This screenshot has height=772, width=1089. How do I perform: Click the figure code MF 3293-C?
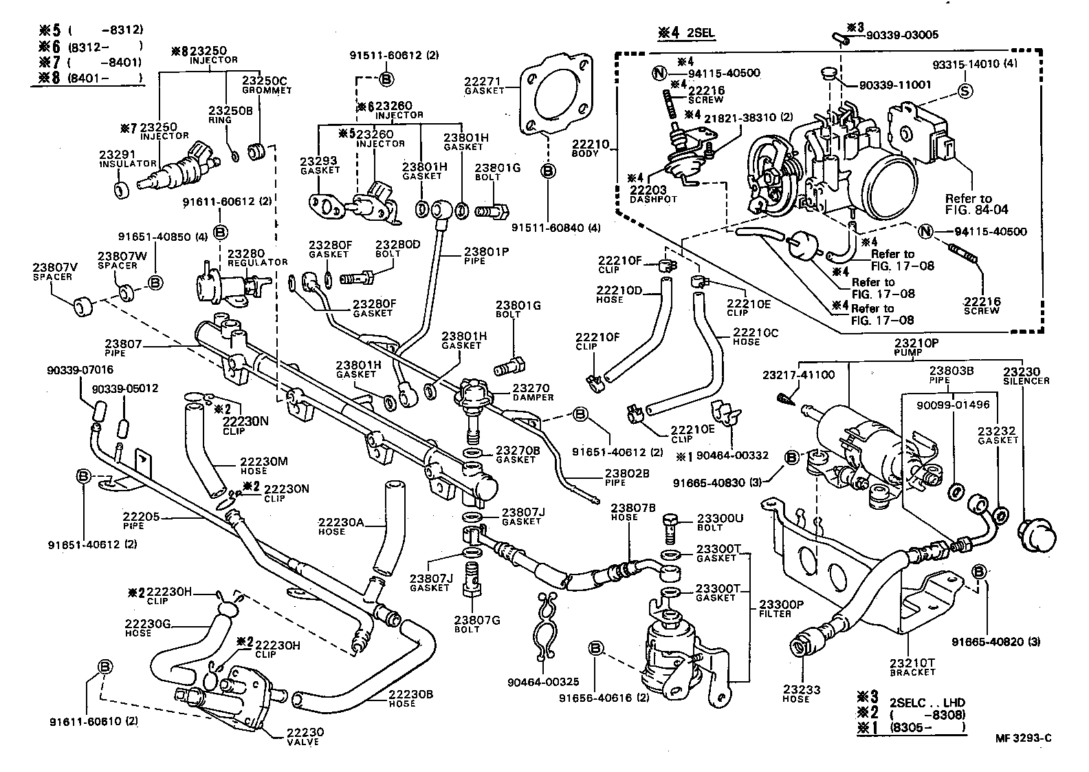click(x=1023, y=739)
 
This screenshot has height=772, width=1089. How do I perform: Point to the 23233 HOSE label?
click(x=796, y=694)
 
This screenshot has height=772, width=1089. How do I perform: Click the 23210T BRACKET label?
click(x=912, y=667)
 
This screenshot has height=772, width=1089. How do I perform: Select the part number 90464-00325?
click(x=543, y=682)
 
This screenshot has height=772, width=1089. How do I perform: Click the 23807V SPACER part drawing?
click(x=82, y=305)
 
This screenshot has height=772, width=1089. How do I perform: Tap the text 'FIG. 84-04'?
click(x=977, y=209)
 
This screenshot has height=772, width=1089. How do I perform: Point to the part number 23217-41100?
click(x=799, y=375)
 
